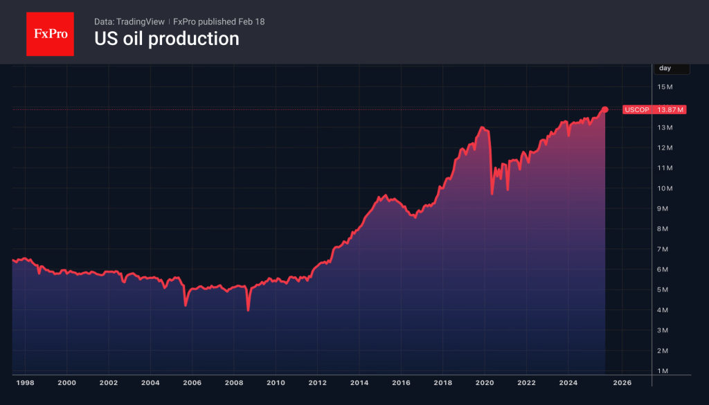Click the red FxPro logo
[50, 33]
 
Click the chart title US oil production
[166, 39]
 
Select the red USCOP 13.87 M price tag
[654, 109]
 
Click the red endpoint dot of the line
[605, 109]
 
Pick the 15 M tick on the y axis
[665, 87]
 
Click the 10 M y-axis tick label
[665, 188]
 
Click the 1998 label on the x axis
[24, 382]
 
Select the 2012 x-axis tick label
[317, 382]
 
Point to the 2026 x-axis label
[622, 382]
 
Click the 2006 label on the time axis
[192, 382]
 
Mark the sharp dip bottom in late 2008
[248, 310]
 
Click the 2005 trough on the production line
[185, 305]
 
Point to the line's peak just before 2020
[481, 128]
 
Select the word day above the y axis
[665, 68]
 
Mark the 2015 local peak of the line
[385, 196]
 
